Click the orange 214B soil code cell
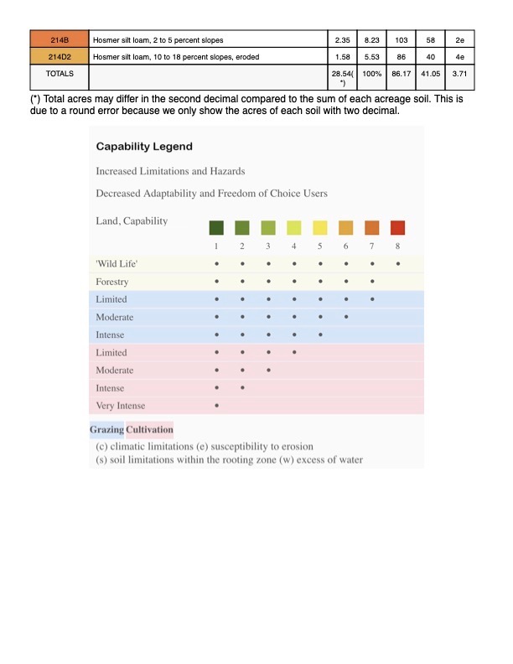(x=59, y=39)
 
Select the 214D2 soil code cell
(x=59, y=55)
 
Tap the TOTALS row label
(x=59, y=74)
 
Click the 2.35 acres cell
(x=341, y=39)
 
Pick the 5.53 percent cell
(x=372, y=55)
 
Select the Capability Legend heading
(x=144, y=146)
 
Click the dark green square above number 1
(x=216, y=227)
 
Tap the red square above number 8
(x=397, y=227)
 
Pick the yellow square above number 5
(x=319, y=227)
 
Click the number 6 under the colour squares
(x=345, y=246)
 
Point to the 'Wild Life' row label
(x=117, y=264)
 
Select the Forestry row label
(x=112, y=282)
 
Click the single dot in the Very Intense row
(x=216, y=406)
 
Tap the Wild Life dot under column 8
(x=397, y=264)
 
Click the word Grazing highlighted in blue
(x=106, y=430)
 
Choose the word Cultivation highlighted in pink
(x=149, y=430)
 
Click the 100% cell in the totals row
(x=372, y=74)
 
